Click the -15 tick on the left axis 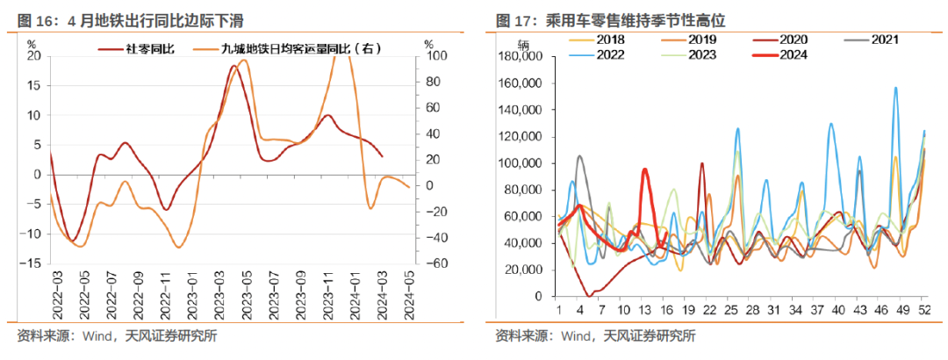click(32, 263)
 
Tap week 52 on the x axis click(924, 310)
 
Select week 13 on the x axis click(644, 310)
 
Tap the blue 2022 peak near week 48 click(895, 89)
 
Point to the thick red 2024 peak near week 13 click(644, 170)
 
